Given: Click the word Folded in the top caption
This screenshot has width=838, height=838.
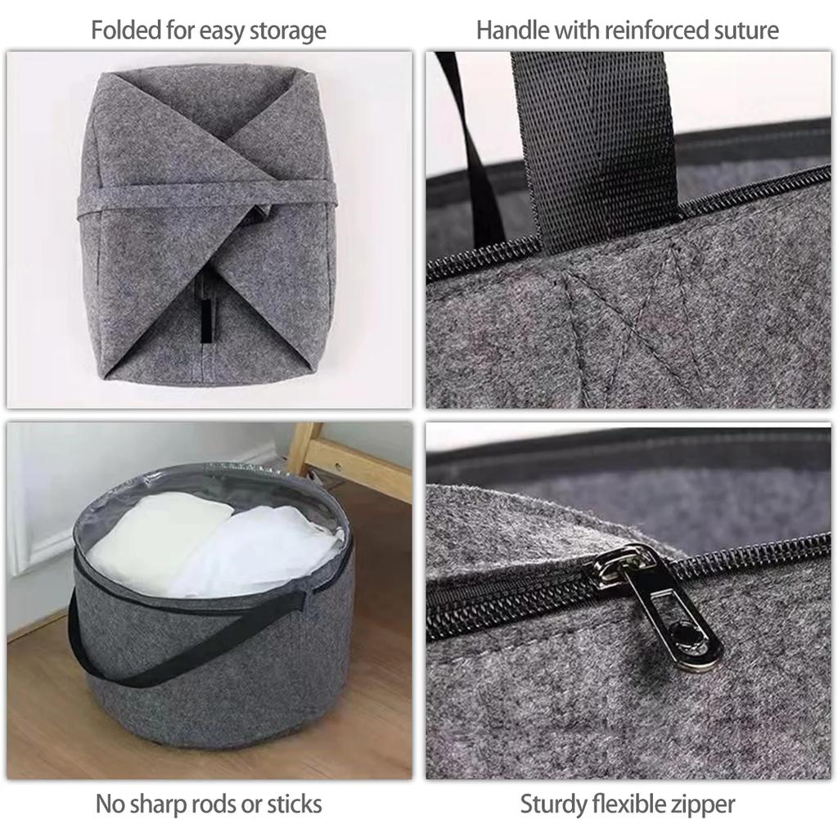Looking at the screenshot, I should (x=119, y=31).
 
